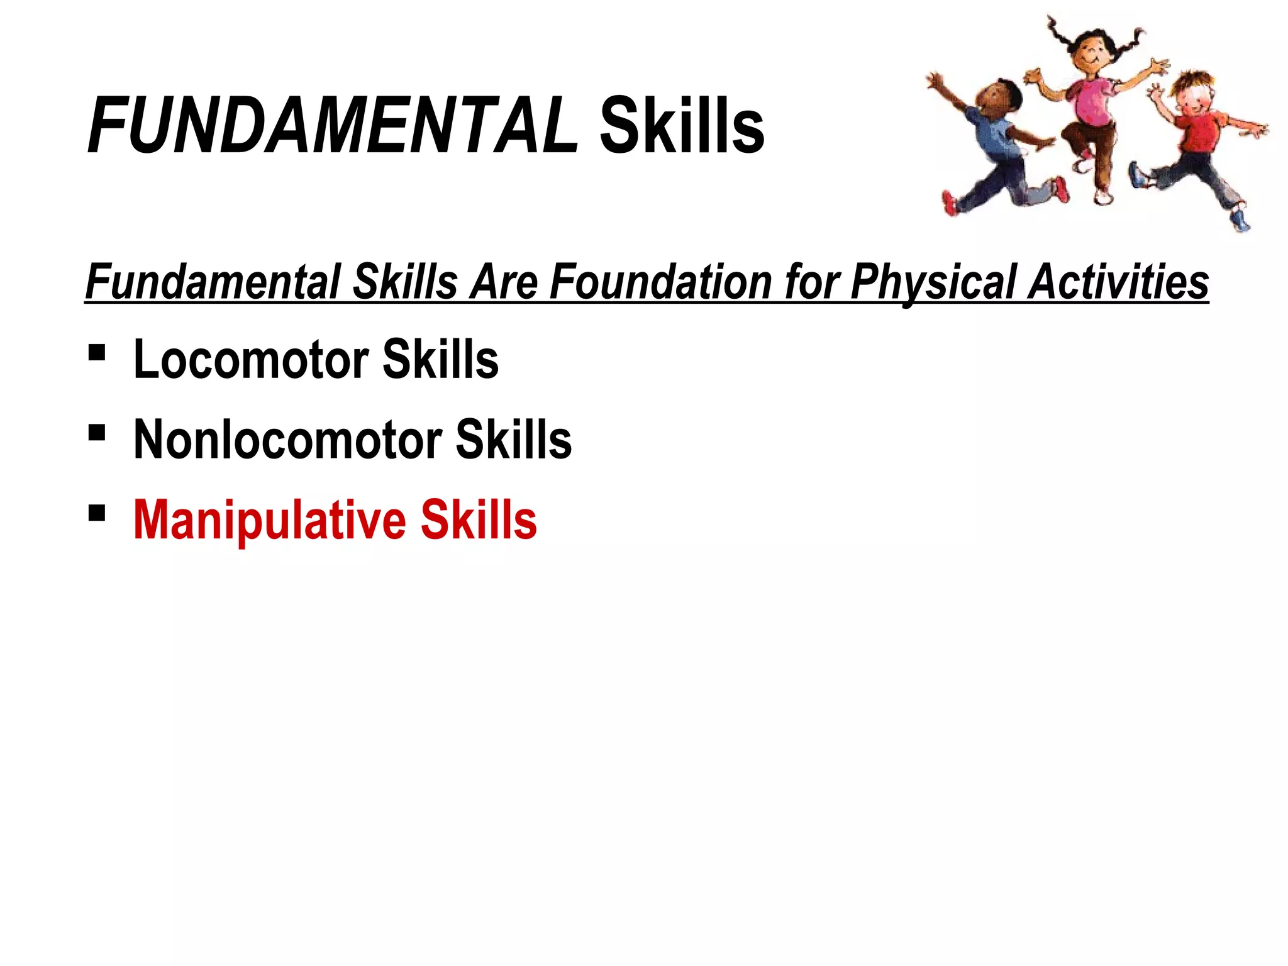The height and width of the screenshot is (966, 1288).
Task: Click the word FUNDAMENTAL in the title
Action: coord(332,126)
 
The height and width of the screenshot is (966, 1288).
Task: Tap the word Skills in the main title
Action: coord(682,126)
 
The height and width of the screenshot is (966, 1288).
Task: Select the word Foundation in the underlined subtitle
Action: coord(661,282)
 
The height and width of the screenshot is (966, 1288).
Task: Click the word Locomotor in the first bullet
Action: coord(251,359)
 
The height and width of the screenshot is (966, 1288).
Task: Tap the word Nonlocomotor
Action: coord(287,440)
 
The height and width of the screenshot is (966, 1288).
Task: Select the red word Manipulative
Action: coord(270,520)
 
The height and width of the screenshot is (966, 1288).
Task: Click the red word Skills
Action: coord(479,520)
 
